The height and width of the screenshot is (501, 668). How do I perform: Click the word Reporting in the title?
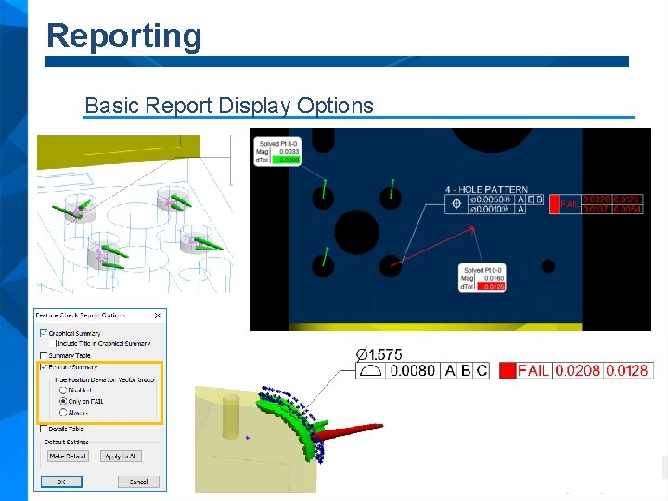[x=123, y=36]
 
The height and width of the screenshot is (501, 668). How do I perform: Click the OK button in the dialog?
[x=61, y=482]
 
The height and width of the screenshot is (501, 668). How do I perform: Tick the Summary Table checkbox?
[x=43, y=355]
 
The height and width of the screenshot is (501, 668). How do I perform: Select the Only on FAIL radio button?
[x=63, y=401]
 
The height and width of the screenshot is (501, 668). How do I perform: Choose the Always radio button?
[x=63, y=412]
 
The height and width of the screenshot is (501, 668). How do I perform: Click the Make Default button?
[x=68, y=456]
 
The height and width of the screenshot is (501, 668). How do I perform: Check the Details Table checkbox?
[x=43, y=429]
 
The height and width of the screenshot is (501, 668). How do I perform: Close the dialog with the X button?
[x=157, y=315]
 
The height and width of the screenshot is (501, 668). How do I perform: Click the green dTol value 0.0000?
[x=289, y=160]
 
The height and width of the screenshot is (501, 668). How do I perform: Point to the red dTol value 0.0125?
[x=494, y=287]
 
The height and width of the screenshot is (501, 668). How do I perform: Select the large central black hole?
[x=357, y=228]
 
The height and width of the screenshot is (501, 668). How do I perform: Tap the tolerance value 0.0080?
[x=412, y=370]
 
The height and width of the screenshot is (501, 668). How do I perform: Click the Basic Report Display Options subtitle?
[x=228, y=106]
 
